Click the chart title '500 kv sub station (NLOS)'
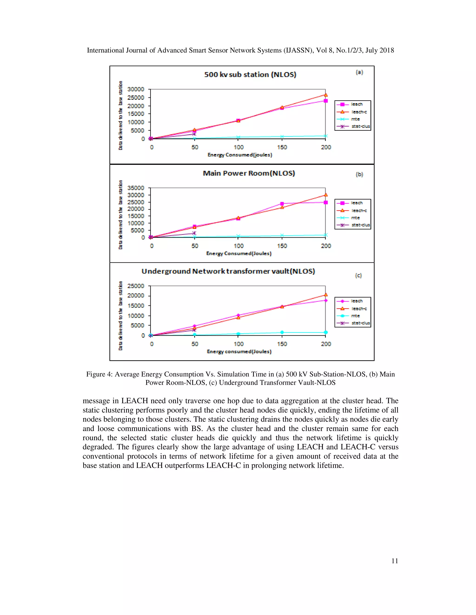(250, 75)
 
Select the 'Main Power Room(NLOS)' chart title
(249, 173)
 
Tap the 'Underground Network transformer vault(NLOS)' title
(228, 271)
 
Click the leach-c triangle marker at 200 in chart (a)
(326, 95)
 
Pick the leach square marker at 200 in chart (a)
(326, 101)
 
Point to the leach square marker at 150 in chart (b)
(282, 204)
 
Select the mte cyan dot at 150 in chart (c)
(282, 332)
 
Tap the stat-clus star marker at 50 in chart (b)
(194, 233)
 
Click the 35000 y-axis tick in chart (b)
(136, 188)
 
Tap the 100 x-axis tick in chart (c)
(238, 344)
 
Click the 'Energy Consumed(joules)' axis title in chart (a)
(240, 155)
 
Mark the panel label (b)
(359, 175)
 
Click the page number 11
(394, 561)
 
